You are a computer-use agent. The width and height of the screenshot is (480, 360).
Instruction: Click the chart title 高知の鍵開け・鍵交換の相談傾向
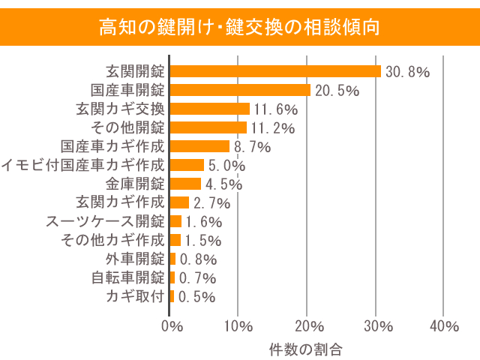(x=240, y=28)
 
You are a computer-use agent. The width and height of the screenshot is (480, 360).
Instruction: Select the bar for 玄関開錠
(x=275, y=71)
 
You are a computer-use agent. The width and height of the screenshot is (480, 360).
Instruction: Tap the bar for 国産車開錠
(x=240, y=90)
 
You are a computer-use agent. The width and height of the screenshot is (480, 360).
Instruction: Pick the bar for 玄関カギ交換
(x=209, y=109)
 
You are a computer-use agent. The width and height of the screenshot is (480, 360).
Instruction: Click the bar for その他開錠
(x=208, y=127)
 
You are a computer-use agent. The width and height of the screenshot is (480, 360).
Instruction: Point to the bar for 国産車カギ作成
(x=199, y=146)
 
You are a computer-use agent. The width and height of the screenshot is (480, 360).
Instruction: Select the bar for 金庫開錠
(x=185, y=184)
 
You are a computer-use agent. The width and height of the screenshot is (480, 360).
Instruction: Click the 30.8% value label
(x=407, y=72)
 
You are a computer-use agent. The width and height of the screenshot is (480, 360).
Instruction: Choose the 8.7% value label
(x=252, y=147)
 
